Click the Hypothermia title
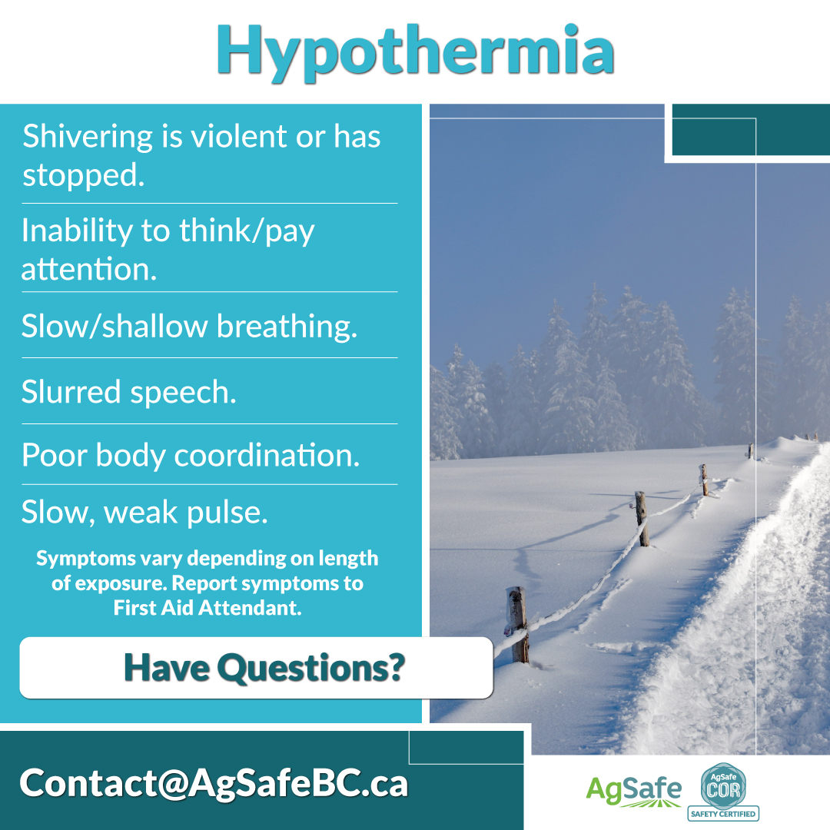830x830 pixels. click(x=415, y=51)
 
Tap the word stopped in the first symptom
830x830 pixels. click(x=83, y=176)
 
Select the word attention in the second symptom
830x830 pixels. click(x=88, y=270)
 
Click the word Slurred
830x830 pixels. click(x=70, y=392)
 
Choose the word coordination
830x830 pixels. click(x=267, y=456)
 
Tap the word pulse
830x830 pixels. click(x=227, y=513)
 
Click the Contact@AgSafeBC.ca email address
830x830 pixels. click(x=214, y=782)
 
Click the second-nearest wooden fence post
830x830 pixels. click(x=642, y=519)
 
